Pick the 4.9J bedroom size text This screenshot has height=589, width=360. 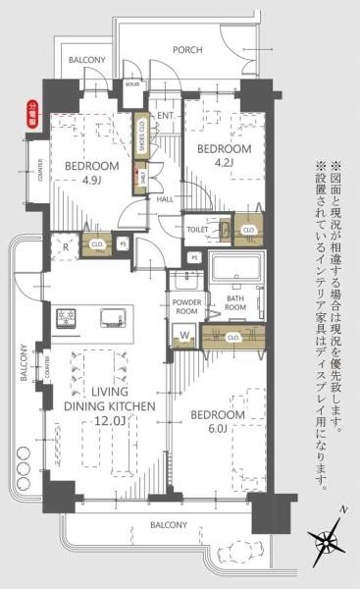[x=90, y=181]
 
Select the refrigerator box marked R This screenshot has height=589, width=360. [x=64, y=246]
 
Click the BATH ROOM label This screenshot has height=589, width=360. [x=235, y=302]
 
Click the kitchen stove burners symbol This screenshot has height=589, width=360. [x=68, y=318]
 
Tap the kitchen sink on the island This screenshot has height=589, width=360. [x=110, y=318]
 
